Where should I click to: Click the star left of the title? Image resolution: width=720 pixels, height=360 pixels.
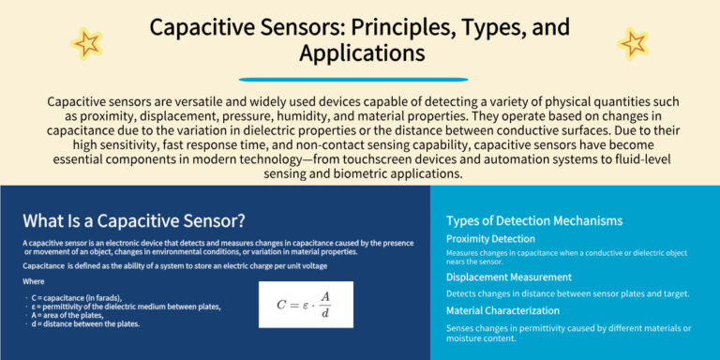(87, 41)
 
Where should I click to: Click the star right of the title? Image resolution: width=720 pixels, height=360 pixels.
(633, 41)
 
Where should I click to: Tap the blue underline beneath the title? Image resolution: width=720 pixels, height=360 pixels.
(360, 79)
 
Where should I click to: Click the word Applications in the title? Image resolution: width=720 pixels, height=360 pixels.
(361, 52)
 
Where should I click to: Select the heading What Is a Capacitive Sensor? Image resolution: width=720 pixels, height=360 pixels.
(134, 221)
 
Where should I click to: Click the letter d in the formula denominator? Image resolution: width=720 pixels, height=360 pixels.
(325, 313)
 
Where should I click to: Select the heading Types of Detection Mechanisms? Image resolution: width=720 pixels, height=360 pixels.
(534, 221)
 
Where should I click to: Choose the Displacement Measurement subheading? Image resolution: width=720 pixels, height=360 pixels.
(509, 277)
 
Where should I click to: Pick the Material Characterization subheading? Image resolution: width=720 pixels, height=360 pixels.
(503, 310)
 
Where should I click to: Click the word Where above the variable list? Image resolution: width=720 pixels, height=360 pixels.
(34, 281)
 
